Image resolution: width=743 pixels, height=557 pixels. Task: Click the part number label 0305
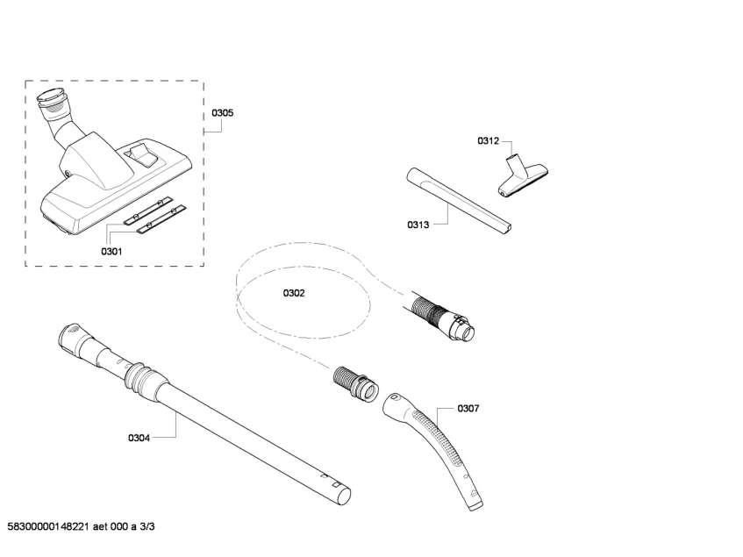pyautogui.click(x=222, y=113)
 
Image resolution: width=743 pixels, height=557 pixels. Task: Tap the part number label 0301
pyautogui.click(x=111, y=252)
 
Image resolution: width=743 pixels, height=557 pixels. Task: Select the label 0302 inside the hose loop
pyautogui.click(x=294, y=293)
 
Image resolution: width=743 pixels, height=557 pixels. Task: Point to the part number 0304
pyautogui.click(x=139, y=438)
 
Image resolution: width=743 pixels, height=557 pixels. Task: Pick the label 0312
pyautogui.click(x=488, y=140)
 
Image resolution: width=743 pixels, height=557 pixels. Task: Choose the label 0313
pyautogui.click(x=418, y=225)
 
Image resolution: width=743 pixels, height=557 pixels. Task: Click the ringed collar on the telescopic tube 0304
pyautogui.click(x=139, y=376)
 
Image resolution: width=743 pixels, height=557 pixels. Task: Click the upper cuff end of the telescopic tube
pyautogui.click(x=68, y=335)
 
